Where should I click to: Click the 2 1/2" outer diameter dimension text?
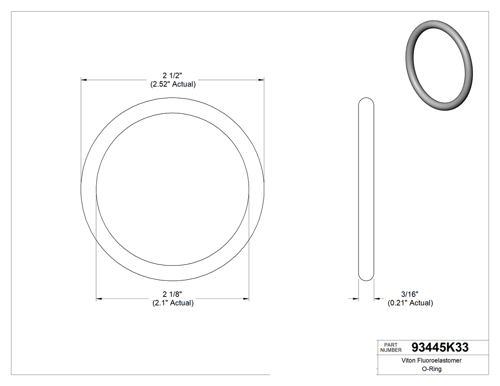coord(172,76)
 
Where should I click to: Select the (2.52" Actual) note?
coord(172,84)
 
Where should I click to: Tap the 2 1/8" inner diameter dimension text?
coord(172,295)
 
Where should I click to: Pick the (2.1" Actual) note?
coord(172,303)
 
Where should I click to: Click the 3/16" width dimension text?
coord(410,295)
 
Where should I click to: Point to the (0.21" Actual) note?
coord(410,303)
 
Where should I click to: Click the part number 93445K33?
coord(440,347)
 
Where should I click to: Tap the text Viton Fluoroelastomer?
coord(431,361)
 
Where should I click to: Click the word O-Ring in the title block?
coord(431,369)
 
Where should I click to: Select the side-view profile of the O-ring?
coord(366,189)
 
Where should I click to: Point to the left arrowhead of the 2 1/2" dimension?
coord(84,80)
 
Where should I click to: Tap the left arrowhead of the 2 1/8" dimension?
coord(99,299)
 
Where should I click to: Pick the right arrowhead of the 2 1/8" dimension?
coord(246,299)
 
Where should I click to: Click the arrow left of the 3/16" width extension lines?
coord(355,299)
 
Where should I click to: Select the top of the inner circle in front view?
coord(172,113)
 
